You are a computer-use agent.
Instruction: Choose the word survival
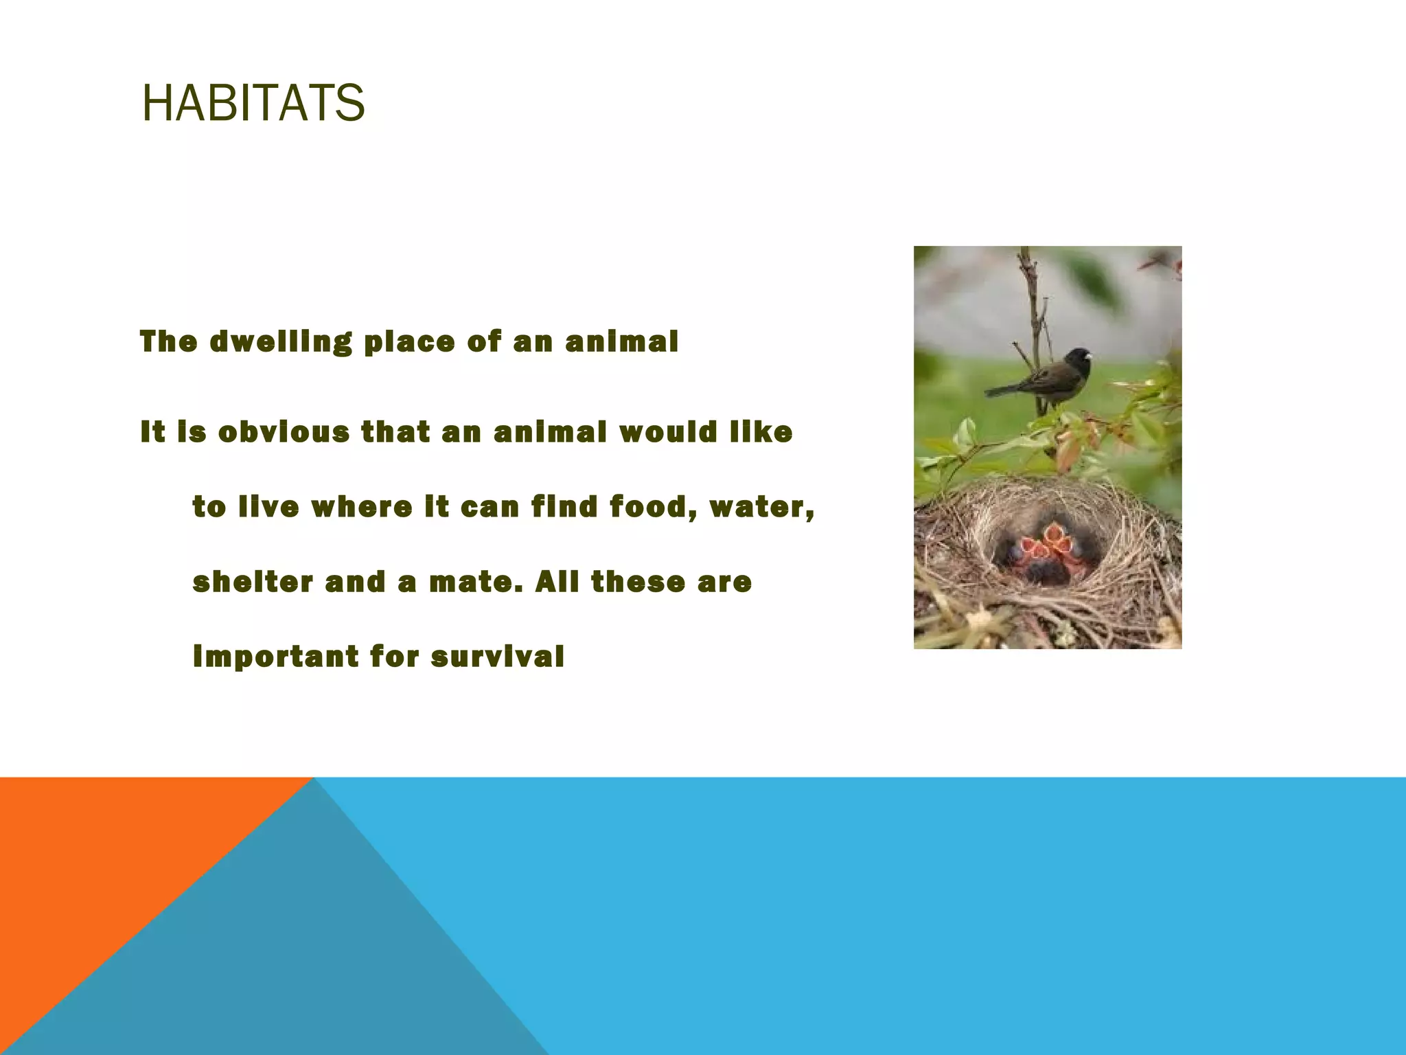coord(498,657)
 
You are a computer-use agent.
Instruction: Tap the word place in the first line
coord(409,341)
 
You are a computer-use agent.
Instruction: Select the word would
coord(668,432)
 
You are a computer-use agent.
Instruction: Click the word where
coord(362,507)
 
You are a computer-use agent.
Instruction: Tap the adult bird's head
coord(1079,357)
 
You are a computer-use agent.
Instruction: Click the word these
coord(638,582)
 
